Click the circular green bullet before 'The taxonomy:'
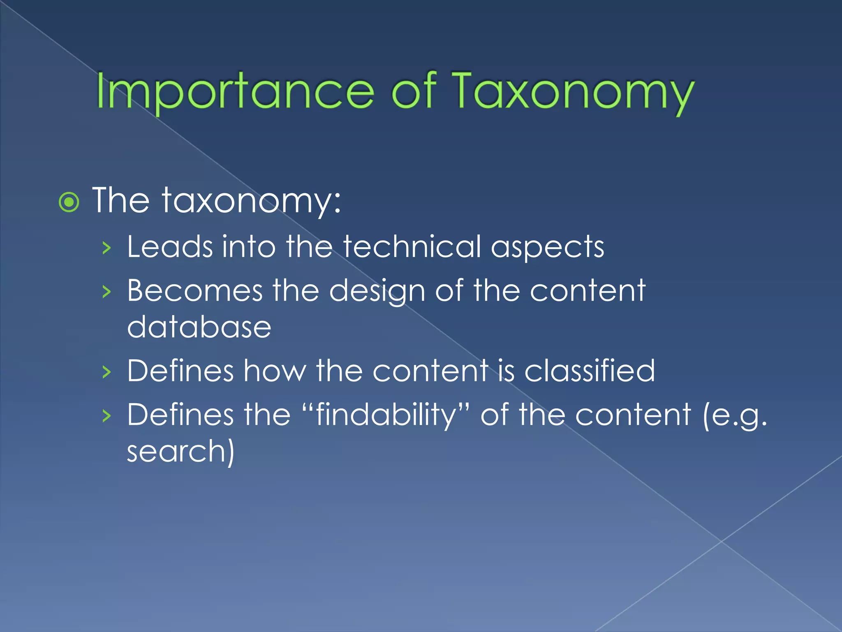click(69, 202)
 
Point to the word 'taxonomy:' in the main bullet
click(251, 201)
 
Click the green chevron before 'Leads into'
click(106, 248)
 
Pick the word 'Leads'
click(170, 247)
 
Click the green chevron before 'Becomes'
click(106, 292)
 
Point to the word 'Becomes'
click(194, 291)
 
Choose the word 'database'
click(199, 328)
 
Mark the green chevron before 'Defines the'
click(106, 416)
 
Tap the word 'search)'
click(180, 451)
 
